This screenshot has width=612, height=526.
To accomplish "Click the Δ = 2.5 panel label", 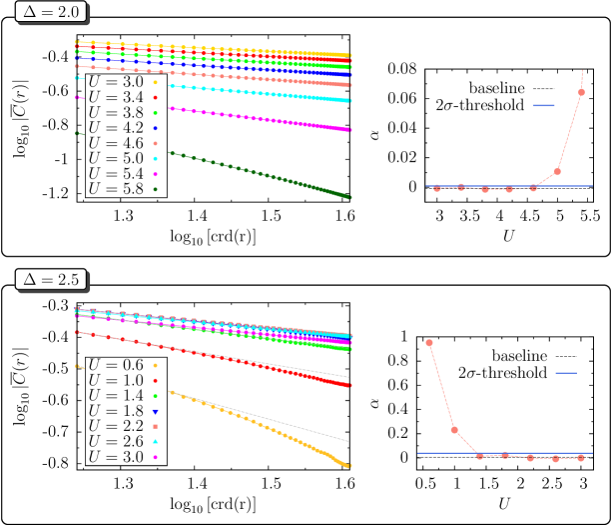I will [x=51, y=280].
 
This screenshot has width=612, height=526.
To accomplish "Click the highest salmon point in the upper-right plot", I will [x=581, y=92].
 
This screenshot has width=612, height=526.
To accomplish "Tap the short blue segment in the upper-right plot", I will [x=543, y=105].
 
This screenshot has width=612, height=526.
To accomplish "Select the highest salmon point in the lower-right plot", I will [x=429, y=342].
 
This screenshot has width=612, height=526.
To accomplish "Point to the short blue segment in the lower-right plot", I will [x=566, y=373].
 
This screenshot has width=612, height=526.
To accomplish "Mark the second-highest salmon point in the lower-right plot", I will [x=454, y=430].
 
